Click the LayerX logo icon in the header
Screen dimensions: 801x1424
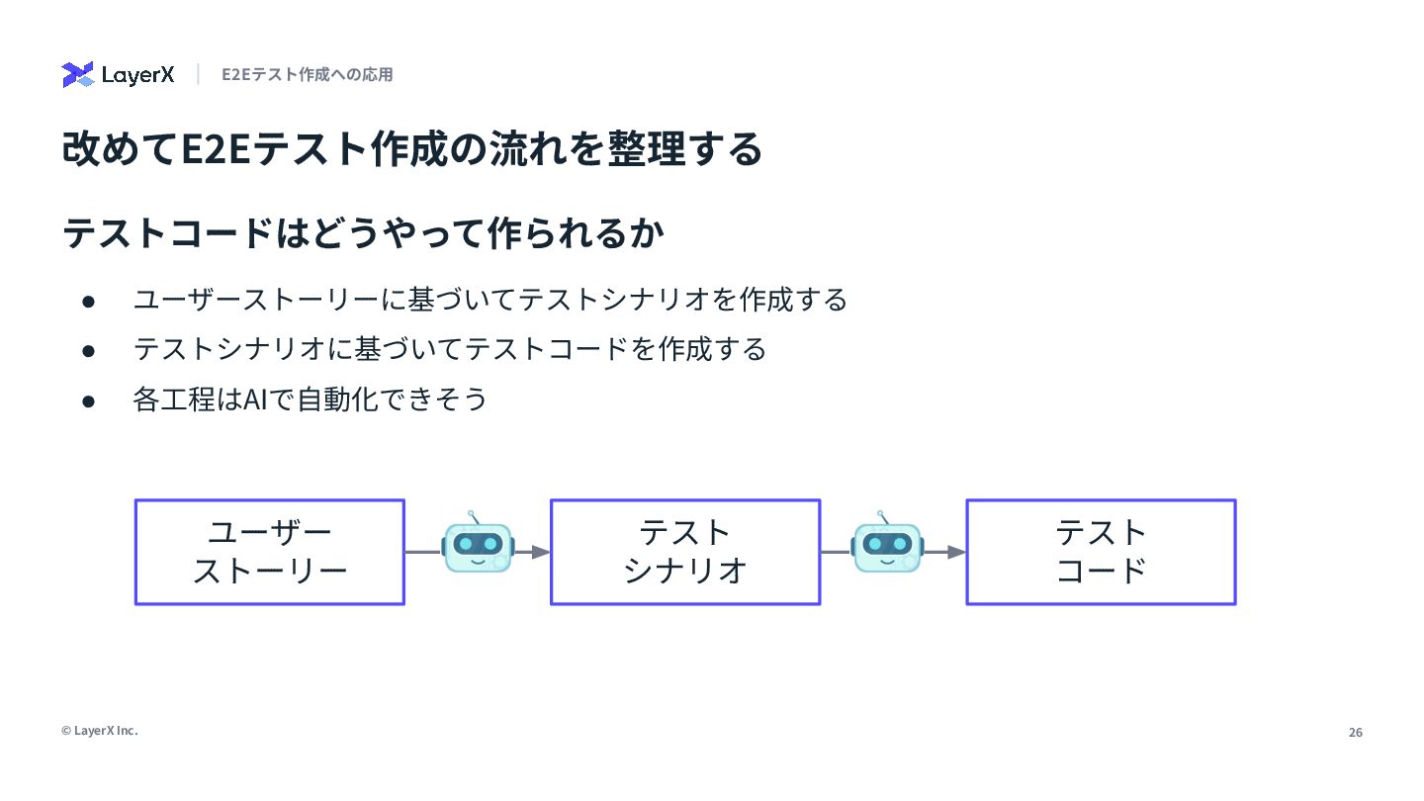pyautogui.click(x=77, y=75)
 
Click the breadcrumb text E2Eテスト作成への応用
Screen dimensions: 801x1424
pyautogui.click(x=307, y=75)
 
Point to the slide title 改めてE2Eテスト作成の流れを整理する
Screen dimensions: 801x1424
pyautogui.click(x=411, y=149)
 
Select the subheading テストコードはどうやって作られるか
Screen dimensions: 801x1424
pyautogui.click(x=363, y=234)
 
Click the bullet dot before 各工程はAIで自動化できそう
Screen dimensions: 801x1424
pyautogui.click(x=88, y=400)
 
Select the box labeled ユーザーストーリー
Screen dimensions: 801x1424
pyautogui.click(x=270, y=552)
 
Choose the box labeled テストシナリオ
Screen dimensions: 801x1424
pyautogui.click(x=685, y=552)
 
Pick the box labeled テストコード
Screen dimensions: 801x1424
pyautogui.click(x=1101, y=552)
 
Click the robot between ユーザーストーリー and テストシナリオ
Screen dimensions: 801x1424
pyautogui.click(x=478, y=545)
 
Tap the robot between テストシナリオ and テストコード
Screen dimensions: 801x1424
pyautogui.click(x=887, y=545)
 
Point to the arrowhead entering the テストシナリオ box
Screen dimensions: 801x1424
pyautogui.click(x=540, y=552)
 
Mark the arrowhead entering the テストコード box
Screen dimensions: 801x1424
pyautogui.click(x=956, y=552)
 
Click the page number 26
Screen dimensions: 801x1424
pyautogui.click(x=1355, y=733)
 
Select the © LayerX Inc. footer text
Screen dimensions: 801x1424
pyautogui.click(x=100, y=731)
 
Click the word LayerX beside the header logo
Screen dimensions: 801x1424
pyautogui.click(x=137, y=75)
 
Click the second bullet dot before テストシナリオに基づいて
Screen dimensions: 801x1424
pyautogui.click(x=88, y=350)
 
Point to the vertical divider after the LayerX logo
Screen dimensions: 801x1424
pyautogui.click(x=198, y=74)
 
